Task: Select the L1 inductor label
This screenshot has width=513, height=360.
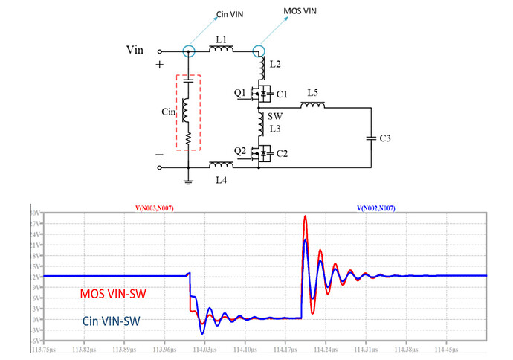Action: [220, 39]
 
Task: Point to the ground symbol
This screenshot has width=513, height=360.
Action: [189, 180]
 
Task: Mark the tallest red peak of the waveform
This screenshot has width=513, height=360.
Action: [305, 217]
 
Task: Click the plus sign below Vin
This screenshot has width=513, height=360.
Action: [158, 66]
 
